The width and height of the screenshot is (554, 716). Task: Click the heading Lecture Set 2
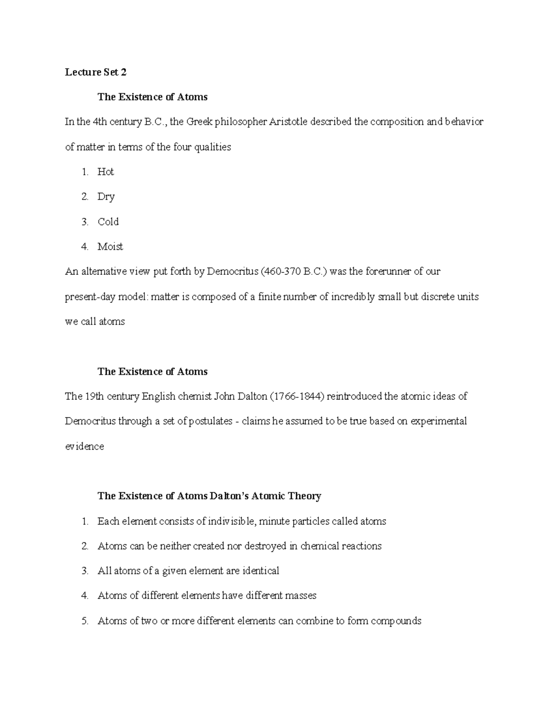pyautogui.click(x=96, y=72)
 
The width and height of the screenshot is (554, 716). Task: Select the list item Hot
pyautogui.click(x=106, y=172)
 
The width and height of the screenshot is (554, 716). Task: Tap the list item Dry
pyautogui.click(x=106, y=197)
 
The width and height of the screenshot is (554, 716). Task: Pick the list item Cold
pyautogui.click(x=108, y=222)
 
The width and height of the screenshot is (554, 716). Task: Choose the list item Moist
pyautogui.click(x=110, y=247)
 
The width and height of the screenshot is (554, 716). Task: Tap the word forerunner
pyautogui.click(x=387, y=272)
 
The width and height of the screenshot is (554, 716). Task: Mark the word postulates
pyautogui.click(x=211, y=421)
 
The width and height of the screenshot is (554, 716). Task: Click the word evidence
pyautogui.click(x=84, y=446)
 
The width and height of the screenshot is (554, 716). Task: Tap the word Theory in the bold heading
pyautogui.click(x=304, y=496)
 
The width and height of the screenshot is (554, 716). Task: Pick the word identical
pyautogui.click(x=259, y=571)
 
